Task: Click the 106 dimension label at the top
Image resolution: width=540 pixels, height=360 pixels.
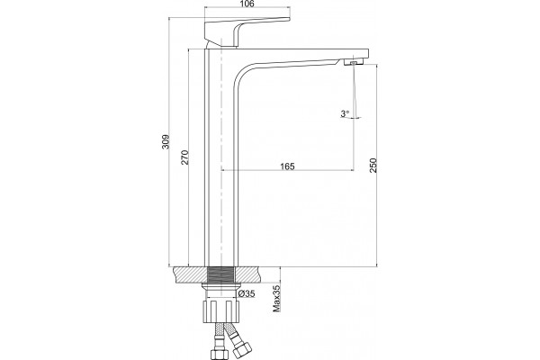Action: coord(247,4)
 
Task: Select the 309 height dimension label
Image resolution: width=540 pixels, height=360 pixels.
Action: coord(166,141)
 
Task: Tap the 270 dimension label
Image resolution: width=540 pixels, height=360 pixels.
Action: coord(184,157)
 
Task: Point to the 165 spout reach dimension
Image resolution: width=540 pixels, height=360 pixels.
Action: coord(287,166)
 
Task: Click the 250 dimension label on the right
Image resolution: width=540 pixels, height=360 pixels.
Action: coord(373,166)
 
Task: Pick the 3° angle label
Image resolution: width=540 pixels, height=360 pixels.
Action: coord(345,113)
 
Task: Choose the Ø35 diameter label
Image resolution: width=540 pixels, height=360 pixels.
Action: coord(247,293)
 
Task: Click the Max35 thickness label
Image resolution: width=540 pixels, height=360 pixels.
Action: coord(276,298)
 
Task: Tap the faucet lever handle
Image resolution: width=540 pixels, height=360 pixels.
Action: coord(247,32)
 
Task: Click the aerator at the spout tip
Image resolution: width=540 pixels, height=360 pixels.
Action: coord(354,62)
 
